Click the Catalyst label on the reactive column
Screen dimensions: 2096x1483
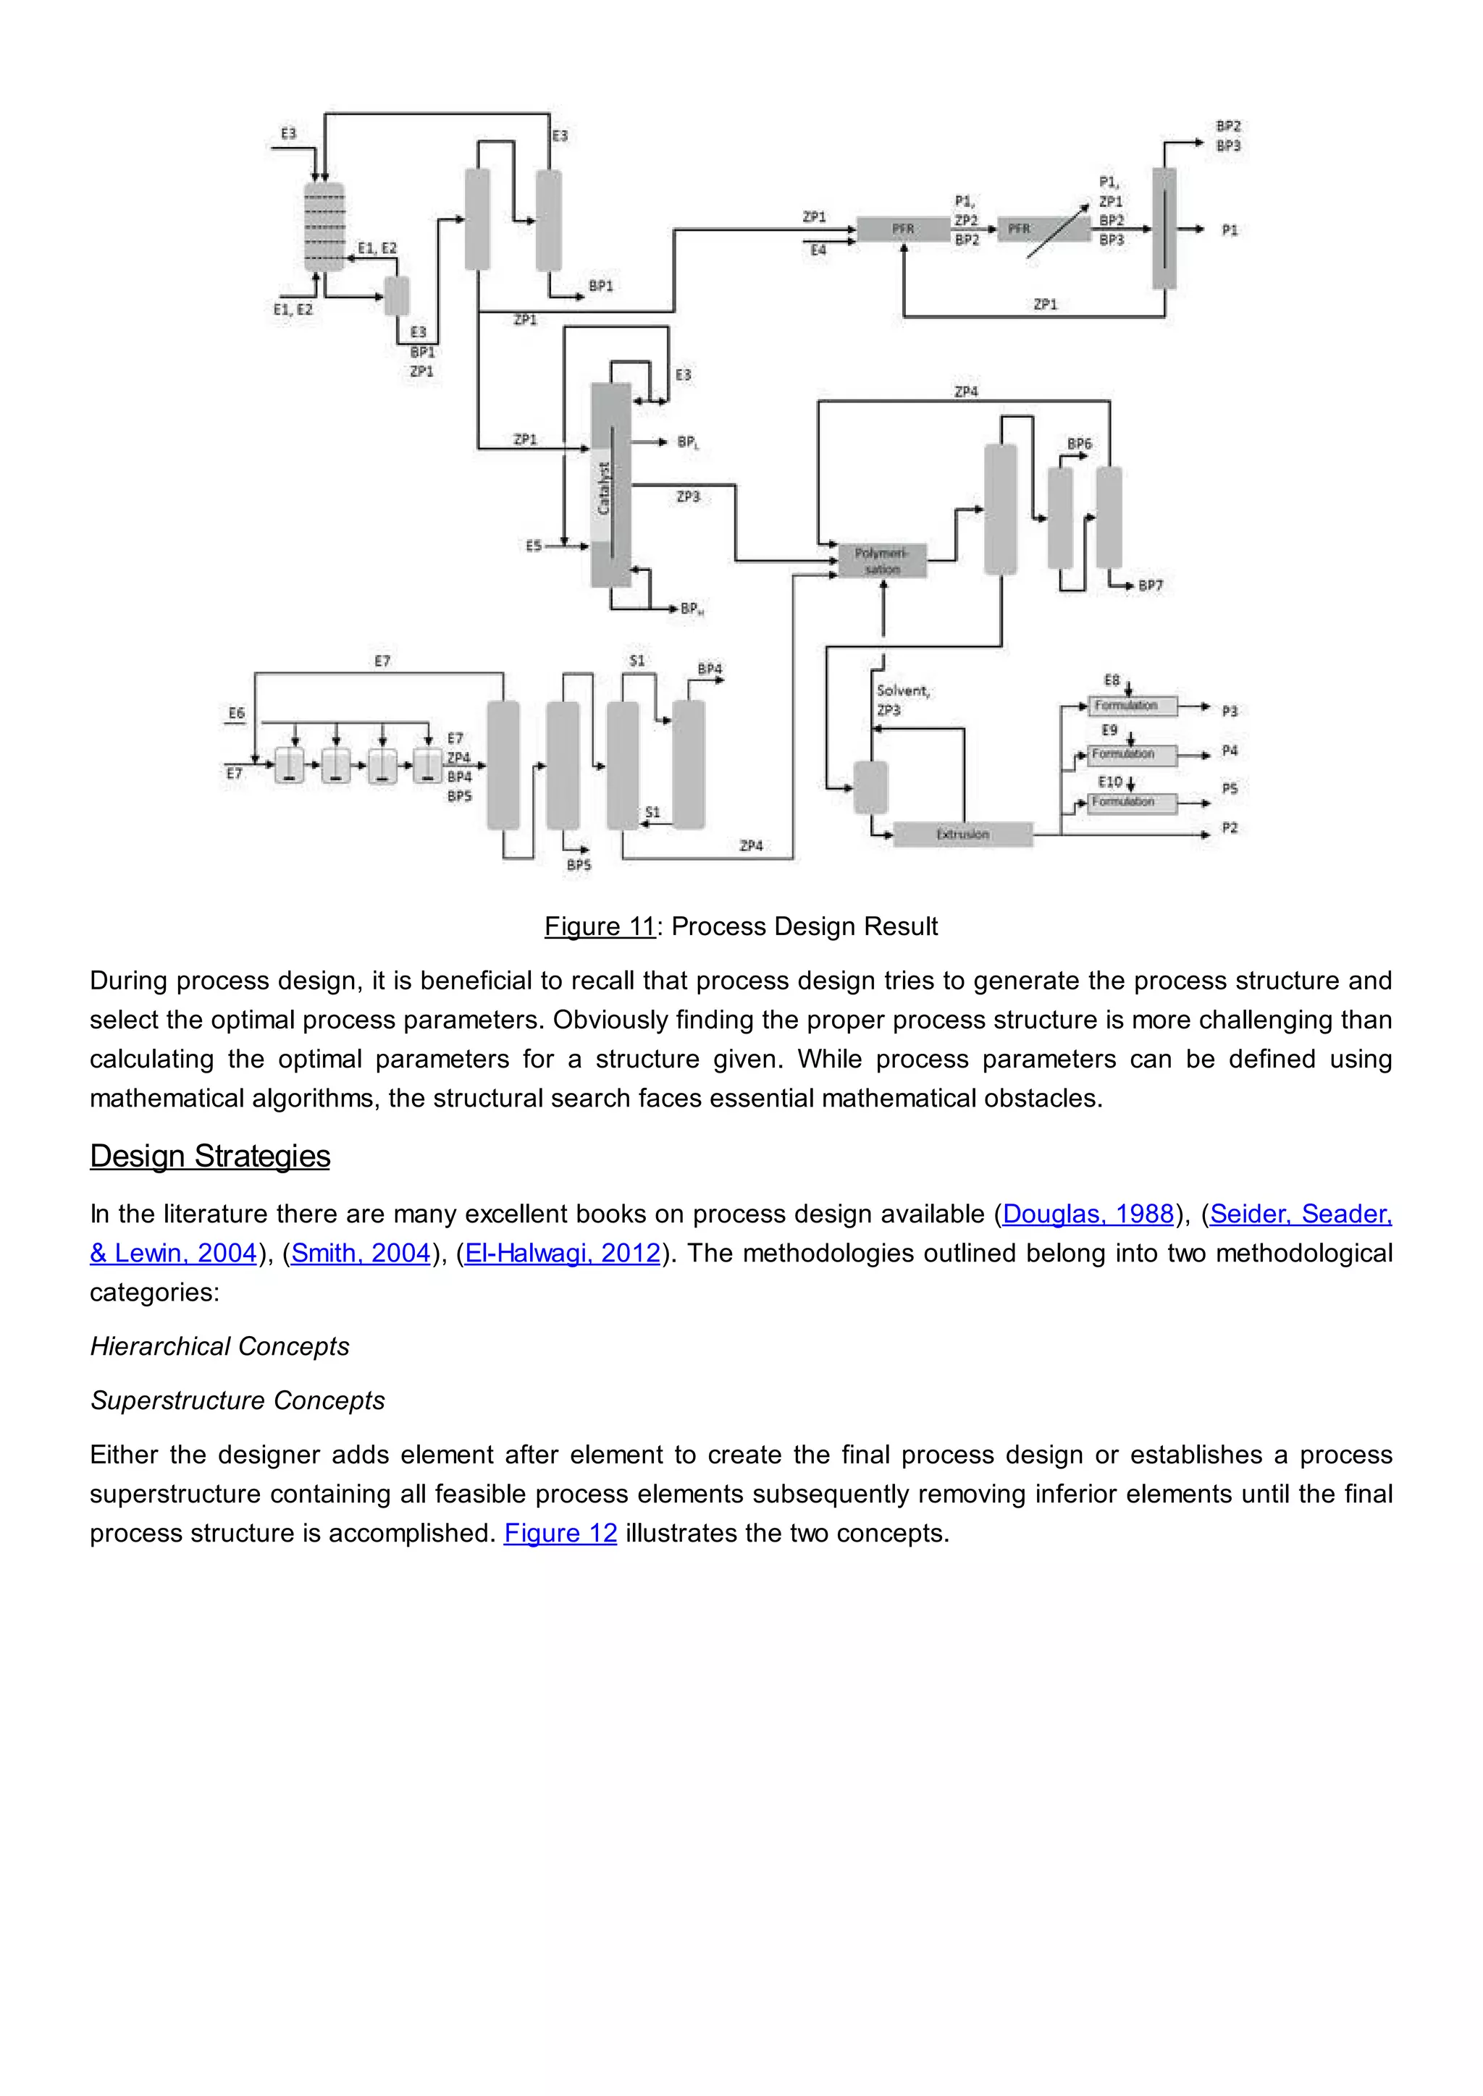(602, 488)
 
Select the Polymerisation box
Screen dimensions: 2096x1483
(882, 560)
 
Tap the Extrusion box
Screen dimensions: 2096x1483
(962, 834)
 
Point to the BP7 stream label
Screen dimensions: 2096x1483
(1151, 586)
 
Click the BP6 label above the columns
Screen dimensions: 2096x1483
(1080, 444)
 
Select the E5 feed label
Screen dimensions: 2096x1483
(533, 545)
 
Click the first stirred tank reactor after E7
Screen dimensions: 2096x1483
(290, 765)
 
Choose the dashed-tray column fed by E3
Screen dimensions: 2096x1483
(324, 227)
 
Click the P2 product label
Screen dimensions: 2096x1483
(1229, 828)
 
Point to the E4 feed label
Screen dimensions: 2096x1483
(818, 249)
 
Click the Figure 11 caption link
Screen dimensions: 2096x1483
(600, 926)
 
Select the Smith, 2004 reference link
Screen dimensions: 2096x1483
(361, 1253)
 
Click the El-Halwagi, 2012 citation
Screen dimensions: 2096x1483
(563, 1253)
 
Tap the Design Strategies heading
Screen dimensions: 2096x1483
(210, 1156)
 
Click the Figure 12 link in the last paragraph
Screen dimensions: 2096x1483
(560, 1533)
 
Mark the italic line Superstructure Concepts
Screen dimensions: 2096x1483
(238, 1400)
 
